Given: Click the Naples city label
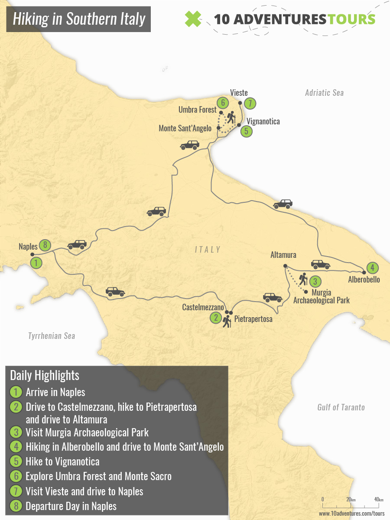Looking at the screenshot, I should click(28, 247).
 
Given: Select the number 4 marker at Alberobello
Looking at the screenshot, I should click(372, 267).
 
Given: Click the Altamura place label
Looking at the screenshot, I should click(283, 255).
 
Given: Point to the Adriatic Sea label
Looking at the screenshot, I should click(324, 93).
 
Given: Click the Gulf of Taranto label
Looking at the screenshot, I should click(341, 407).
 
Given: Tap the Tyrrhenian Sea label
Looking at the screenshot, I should click(52, 336).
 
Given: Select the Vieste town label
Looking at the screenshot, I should click(239, 92).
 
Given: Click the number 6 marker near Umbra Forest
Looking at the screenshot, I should click(222, 103).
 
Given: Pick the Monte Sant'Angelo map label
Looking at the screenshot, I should click(185, 128).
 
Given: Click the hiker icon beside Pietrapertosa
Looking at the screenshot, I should click(227, 322).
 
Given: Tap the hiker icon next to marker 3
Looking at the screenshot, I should click(303, 279).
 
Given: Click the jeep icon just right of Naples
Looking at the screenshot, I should click(77, 245).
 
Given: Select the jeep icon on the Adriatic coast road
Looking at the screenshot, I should click(283, 204).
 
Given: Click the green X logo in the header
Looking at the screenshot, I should click(193, 19).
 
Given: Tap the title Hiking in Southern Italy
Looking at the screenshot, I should click(78, 19).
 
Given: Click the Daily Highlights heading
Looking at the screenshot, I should click(44, 375).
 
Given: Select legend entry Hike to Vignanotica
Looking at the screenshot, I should click(62, 462).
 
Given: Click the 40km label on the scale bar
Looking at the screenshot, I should click(378, 500).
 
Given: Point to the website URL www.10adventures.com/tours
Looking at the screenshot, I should click(351, 513).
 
